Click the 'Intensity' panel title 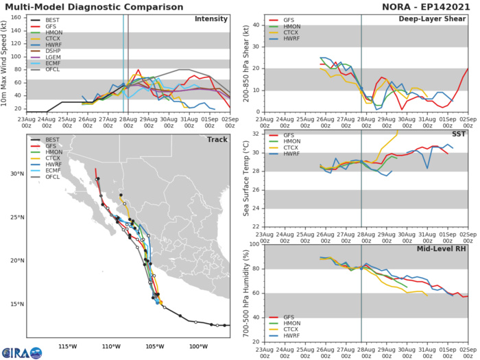click(211, 19)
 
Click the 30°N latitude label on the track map click(14, 173)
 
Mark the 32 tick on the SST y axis click(256, 133)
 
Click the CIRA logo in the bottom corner click(21, 352)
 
